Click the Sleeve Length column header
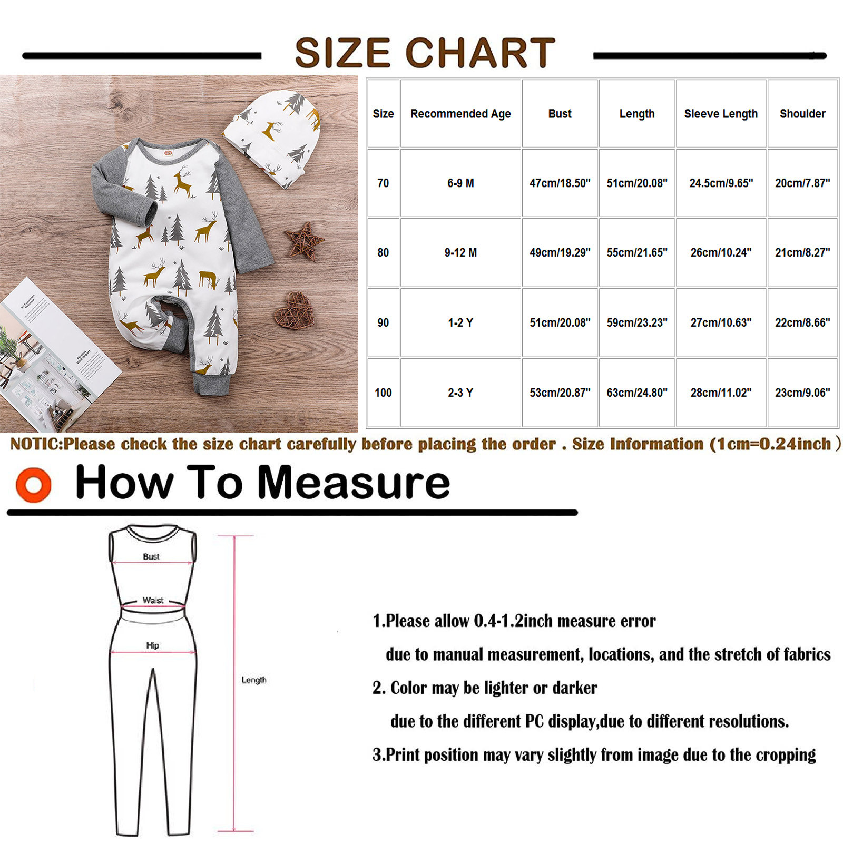(x=721, y=114)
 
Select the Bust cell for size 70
(x=560, y=183)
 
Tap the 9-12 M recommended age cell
(x=460, y=253)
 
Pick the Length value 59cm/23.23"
(x=637, y=322)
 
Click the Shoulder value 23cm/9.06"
(x=802, y=393)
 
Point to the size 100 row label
(x=383, y=393)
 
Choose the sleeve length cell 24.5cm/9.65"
(x=721, y=183)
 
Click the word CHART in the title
(x=480, y=53)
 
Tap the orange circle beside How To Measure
(x=34, y=485)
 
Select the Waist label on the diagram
(x=153, y=600)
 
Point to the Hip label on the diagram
(x=153, y=645)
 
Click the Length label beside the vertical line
(x=254, y=680)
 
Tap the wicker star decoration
(x=303, y=241)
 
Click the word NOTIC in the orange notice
(x=36, y=444)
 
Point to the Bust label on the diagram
(x=151, y=556)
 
